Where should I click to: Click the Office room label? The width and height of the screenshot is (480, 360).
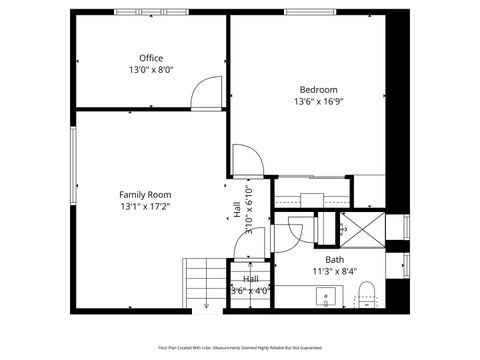[x=150, y=58]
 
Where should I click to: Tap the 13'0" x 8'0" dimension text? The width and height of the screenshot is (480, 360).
[x=150, y=70]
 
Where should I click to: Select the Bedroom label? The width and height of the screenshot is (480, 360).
[x=319, y=89]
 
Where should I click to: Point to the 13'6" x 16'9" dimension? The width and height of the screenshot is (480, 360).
[x=319, y=101]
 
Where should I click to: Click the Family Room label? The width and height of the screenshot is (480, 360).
[x=145, y=194]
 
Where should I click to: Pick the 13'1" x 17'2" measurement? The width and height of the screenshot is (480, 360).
[x=145, y=207]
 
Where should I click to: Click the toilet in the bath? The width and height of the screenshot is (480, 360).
[x=366, y=294]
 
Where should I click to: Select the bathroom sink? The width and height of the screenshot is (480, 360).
[x=325, y=297]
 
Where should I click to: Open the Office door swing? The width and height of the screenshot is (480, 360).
[x=207, y=93]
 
